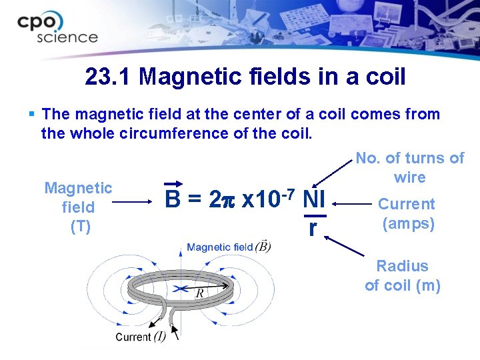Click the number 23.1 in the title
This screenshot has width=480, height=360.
(x=111, y=77)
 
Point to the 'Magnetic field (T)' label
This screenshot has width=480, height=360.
(x=78, y=207)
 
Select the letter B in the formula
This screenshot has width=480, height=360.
(x=173, y=199)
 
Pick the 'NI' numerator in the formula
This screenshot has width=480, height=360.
(x=313, y=199)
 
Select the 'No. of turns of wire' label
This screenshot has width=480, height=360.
(x=409, y=167)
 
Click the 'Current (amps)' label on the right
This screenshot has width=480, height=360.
(x=407, y=213)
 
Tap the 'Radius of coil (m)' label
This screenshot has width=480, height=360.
(x=403, y=275)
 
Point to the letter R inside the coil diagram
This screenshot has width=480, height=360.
(x=199, y=293)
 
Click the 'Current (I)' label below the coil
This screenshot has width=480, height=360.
(x=141, y=337)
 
